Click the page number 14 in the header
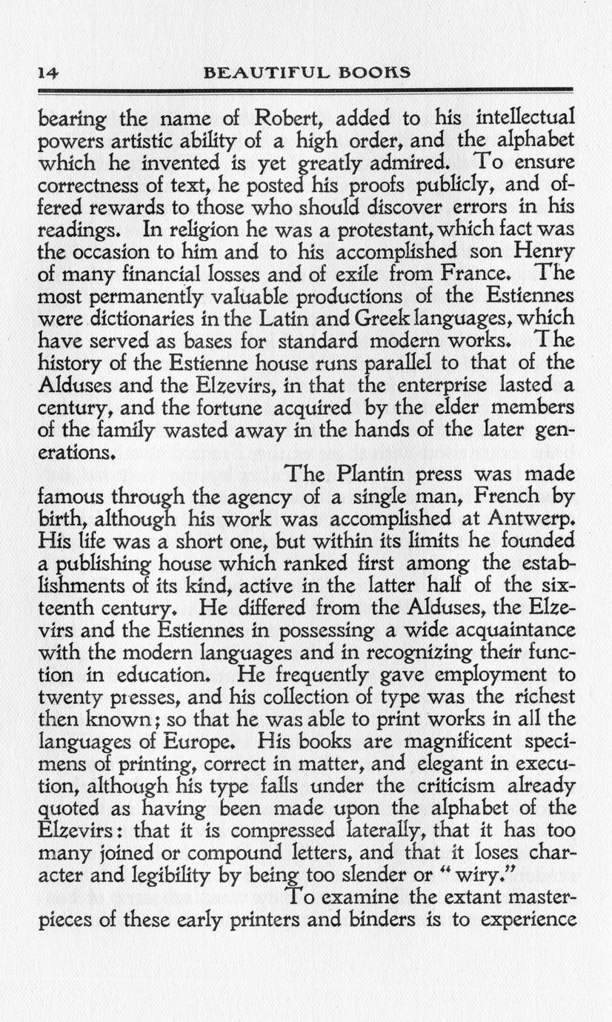[49, 73]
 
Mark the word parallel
[401, 363]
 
